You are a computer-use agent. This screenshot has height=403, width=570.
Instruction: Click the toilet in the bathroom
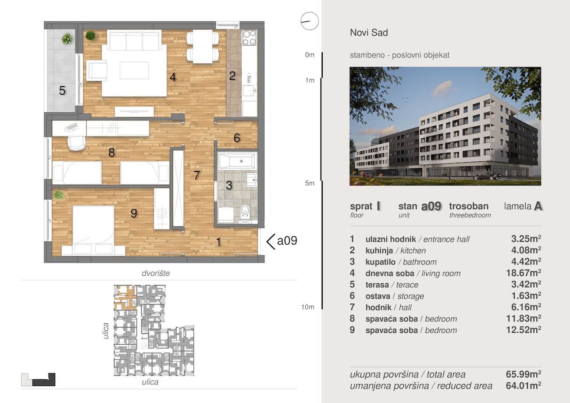pos(245,211)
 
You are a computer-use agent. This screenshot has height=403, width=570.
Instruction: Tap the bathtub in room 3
pos(237,161)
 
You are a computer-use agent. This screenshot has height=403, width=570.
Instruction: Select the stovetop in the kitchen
pos(249,38)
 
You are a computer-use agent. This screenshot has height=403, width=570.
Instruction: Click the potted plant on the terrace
pos(67,39)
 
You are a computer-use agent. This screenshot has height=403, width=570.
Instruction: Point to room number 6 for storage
pos(237,138)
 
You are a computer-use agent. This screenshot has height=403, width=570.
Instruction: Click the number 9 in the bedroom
pos(134,214)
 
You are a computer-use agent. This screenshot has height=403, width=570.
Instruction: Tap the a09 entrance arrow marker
pos(271,242)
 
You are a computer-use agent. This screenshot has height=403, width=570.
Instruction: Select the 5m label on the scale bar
pos(310,183)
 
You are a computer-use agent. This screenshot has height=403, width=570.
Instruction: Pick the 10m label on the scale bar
pos(308,307)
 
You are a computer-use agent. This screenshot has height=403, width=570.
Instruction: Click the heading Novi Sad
pos(369,32)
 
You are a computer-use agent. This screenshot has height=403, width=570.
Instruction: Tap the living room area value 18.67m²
pos(524,273)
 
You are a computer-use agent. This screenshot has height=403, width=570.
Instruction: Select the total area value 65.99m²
pos(524,374)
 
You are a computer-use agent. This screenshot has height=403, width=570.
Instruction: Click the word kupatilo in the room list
pos(381,262)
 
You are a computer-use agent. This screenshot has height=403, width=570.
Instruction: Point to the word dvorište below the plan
pos(156,273)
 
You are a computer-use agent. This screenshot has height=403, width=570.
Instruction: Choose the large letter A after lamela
pos(538,206)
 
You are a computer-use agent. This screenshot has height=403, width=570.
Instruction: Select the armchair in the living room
pos(96,71)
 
